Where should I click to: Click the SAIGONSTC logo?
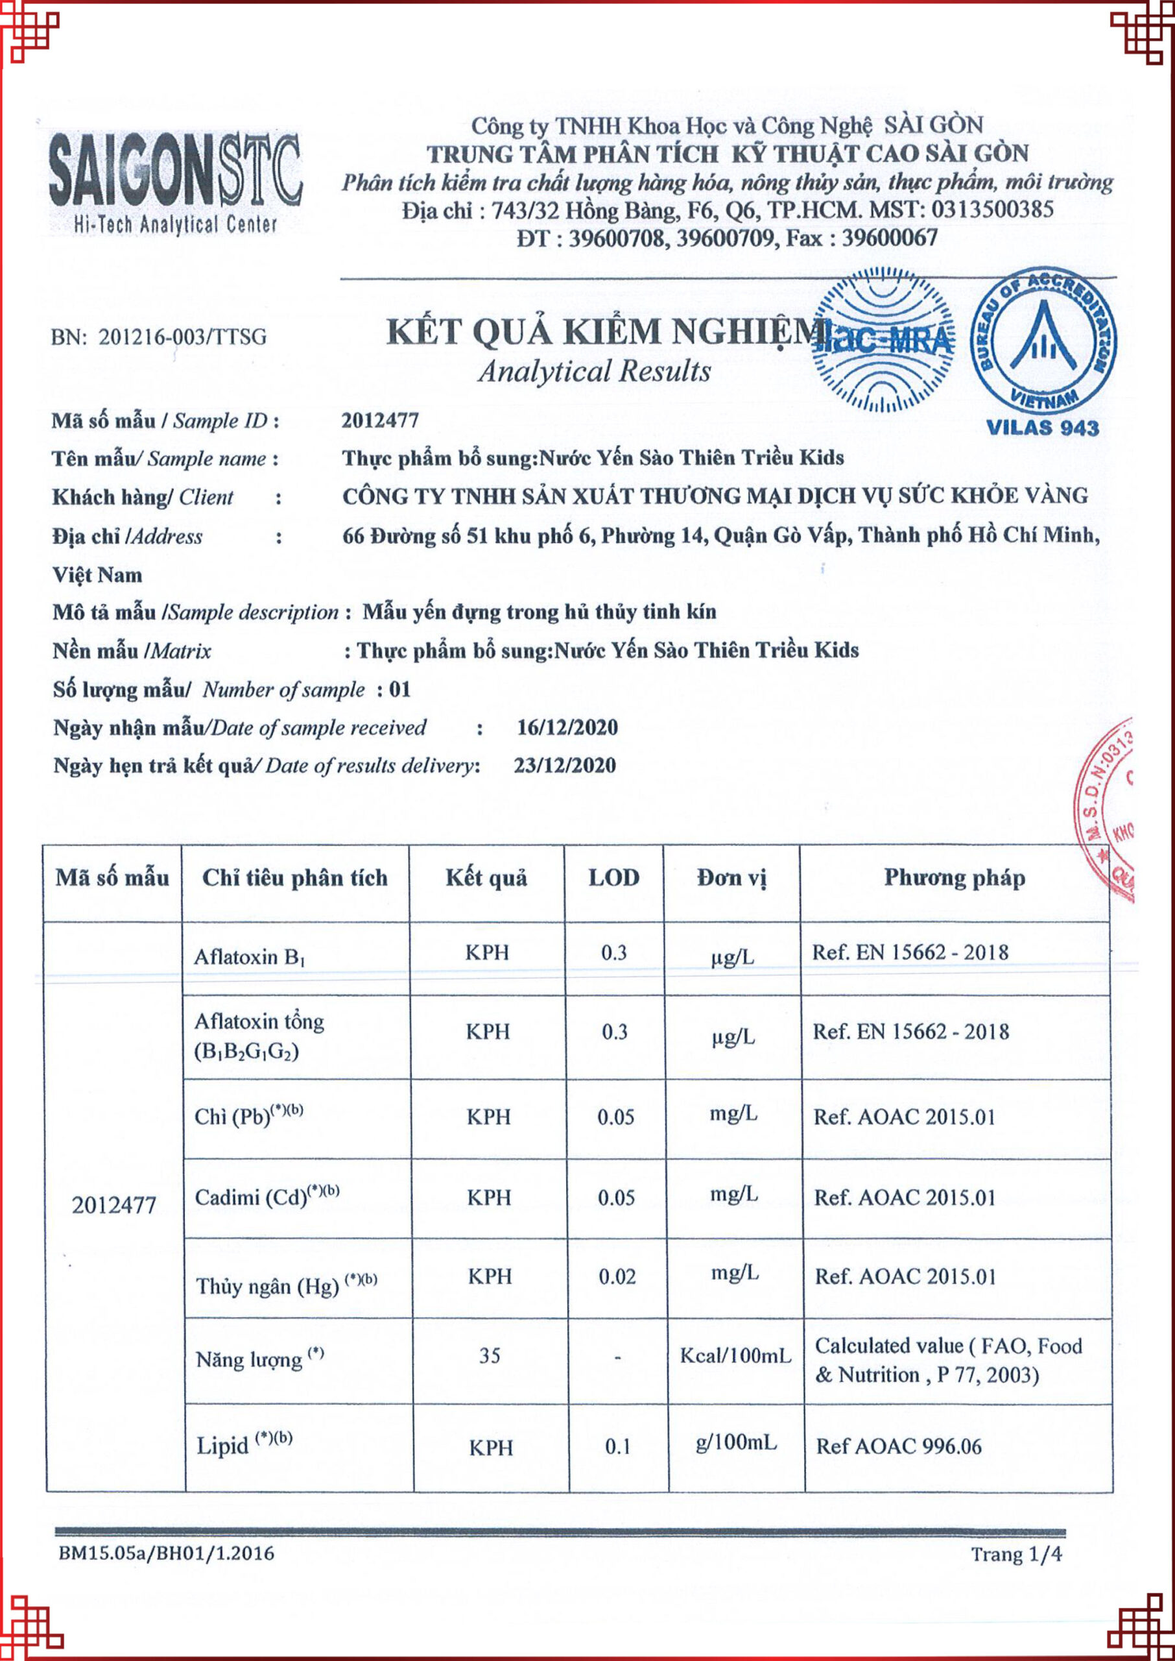point(174,183)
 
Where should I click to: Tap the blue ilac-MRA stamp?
point(883,341)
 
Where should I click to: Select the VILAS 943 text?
point(1043,428)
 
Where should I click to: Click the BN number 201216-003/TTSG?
point(158,337)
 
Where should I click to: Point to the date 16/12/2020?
point(567,727)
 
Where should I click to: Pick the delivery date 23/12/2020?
point(565,766)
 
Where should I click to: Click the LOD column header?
point(613,878)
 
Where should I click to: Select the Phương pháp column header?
point(955,878)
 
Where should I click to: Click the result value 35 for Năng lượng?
point(490,1355)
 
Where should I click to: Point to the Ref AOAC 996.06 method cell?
point(899,1446)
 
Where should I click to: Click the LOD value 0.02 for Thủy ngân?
point(617,1277)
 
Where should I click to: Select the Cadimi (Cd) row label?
point(267,1196)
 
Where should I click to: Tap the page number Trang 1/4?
point(1017,1554)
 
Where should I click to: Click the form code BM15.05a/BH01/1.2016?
point(167,1553)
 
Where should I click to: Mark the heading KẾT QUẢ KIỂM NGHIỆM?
point(605,332)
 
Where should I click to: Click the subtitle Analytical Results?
point(594,371)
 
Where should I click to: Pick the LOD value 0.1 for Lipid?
point(617,1447)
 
